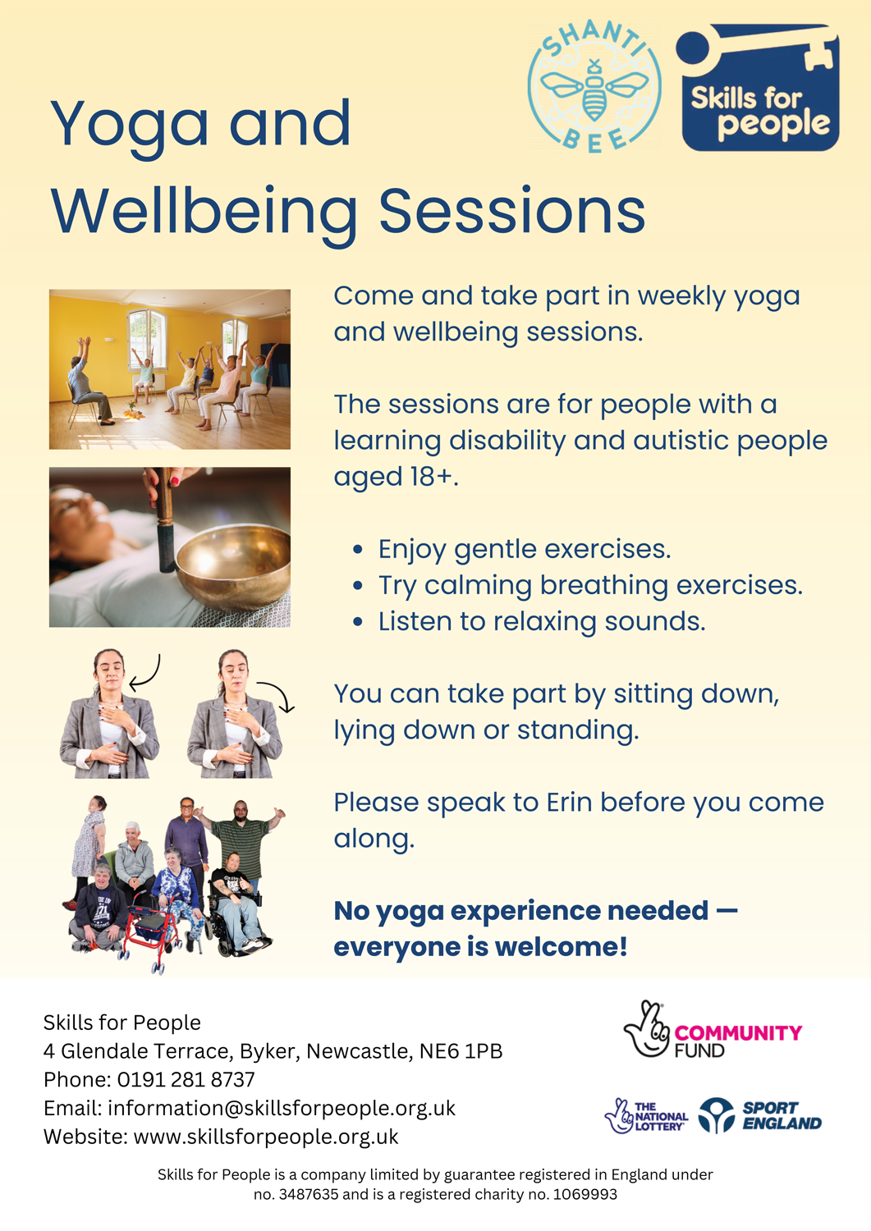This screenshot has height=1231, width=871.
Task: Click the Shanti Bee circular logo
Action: click(x=594, y=86)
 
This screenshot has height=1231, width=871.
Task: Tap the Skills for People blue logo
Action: click(x=757, y=87)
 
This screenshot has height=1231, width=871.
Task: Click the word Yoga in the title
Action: click(x=131, y=126)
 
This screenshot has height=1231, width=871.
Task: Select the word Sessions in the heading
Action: click(x=512, y=210)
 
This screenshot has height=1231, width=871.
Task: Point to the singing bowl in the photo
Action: click(x=233, y=566)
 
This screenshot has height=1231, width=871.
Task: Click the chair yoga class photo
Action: click(x=170, y=369)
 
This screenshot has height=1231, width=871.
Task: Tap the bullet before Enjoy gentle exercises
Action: click(x=358, y=549)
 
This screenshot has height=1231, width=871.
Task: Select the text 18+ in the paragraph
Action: click(x=433, y=476)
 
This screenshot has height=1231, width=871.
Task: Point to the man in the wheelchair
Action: click(x=237, y=900)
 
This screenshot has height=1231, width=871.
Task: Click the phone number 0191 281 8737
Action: click(x=186, y=1079)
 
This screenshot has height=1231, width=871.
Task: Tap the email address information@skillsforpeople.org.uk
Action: click(x=282, y=1108)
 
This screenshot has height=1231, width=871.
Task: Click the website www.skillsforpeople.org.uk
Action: click(x=266, y=1137)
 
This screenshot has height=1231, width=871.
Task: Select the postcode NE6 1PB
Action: click(x=461, y=1050)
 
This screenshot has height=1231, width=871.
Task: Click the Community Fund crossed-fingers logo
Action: click(x=713, y=1029)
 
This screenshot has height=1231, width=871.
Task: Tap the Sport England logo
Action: click(x=760, y=1115)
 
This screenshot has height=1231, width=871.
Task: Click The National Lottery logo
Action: click(x=646, y=1116)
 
